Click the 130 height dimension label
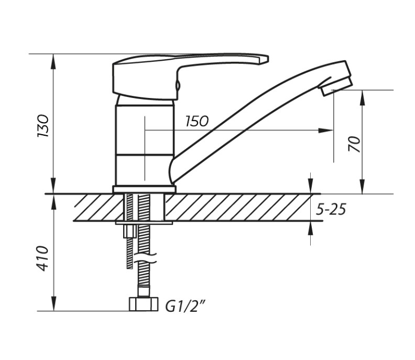pos(43,126)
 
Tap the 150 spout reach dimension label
pos(197,121)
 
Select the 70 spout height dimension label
pos(355,144)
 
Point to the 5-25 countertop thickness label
pos(331,210)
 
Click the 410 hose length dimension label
pos(43,258)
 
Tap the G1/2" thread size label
pos(185,306)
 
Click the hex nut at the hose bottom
pos(144,304)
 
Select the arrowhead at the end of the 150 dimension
pos(325,130)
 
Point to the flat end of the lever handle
pos(264,60)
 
